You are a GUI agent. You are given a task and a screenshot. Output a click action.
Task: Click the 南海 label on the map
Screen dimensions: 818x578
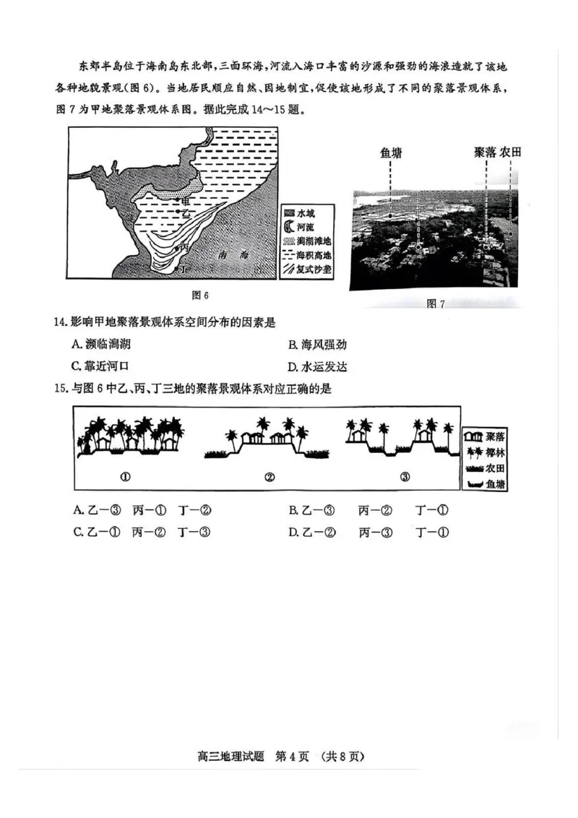pyautogui.click(x=233, y=257)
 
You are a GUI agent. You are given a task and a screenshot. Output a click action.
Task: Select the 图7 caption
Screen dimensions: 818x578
pyautogui.click(x=435, y=304)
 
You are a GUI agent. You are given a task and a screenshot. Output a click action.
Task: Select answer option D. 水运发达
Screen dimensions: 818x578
pyautogui.click(x=317, y=366)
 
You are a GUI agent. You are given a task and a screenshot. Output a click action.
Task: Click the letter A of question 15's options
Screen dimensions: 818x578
pyautogui.click(x=77, y=511)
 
